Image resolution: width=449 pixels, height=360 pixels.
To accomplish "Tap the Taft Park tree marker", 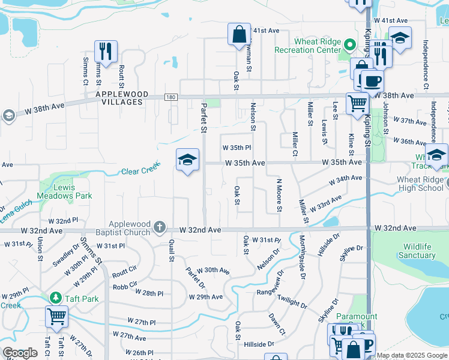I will tap(55, 298).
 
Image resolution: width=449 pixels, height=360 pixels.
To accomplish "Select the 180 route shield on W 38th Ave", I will tap(171, 97).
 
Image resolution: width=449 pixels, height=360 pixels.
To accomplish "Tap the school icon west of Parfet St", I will tap(187, 160).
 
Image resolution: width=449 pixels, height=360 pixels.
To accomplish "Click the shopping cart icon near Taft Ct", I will tap(56, 316).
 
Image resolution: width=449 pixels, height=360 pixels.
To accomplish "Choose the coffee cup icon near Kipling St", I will tap(372, 80).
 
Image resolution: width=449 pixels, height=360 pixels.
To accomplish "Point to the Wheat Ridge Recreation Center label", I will tap(316, 46).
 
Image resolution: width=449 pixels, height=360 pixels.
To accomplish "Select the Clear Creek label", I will tap(139, 171).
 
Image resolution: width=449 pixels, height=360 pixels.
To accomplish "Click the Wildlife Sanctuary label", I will tap(411, 251).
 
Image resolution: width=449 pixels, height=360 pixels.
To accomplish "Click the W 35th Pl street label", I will tap(236, 147).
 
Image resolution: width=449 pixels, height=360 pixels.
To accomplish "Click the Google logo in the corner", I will tap(20, 352).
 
